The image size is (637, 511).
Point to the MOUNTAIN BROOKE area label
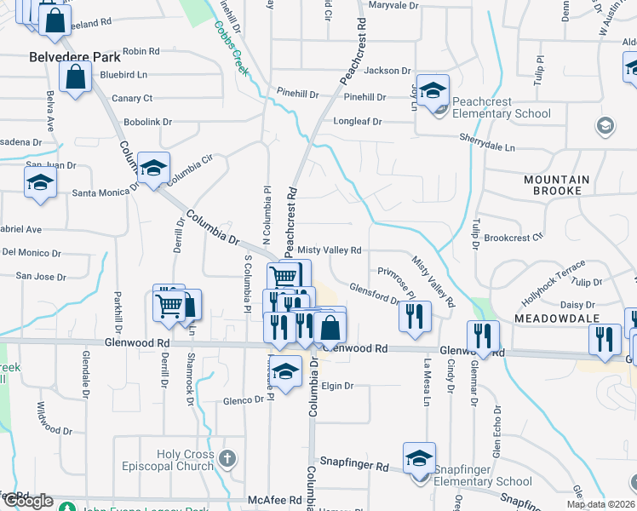557,185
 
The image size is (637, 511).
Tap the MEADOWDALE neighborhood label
558,317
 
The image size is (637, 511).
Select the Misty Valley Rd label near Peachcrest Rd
330,250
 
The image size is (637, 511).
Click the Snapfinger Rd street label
353,467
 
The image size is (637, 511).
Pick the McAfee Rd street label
275,500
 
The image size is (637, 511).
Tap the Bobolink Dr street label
147,122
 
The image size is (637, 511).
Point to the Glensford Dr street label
374,294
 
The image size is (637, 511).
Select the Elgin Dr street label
336,386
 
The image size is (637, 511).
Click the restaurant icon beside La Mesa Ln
415,316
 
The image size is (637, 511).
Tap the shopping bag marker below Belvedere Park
76,78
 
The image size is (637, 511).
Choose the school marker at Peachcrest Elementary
433,92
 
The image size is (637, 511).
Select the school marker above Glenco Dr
286,370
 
